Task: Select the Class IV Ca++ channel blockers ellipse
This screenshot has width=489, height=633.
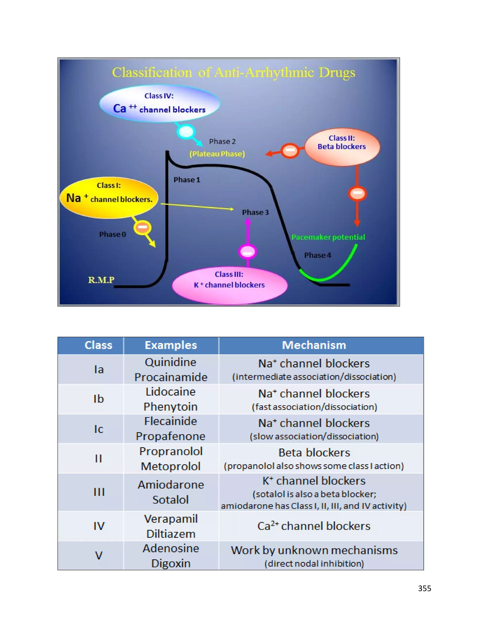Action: click(160, 103)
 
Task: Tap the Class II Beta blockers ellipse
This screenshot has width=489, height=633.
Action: click(342, 147)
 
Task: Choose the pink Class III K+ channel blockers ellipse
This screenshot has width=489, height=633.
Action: click(229, 285)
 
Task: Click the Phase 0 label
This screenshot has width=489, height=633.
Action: click(112, 234)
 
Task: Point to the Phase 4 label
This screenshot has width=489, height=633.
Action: click(318, 255)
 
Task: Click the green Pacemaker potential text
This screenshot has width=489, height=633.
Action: click(328, 237)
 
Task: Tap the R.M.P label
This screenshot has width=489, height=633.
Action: click(101, 280)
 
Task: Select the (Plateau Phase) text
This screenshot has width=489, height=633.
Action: click(217, 154)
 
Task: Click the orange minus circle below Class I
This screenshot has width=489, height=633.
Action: click(142, 227)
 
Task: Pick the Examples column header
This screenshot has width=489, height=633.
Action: click(171, 345)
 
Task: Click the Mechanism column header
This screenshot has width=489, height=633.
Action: click(314, 345)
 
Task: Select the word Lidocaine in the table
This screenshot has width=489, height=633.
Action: click(171, 392)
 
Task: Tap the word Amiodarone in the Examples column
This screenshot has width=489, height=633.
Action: click(171, 485)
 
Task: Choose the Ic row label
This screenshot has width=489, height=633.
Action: click(99, 429)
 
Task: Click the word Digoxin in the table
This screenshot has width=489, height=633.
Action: click(171, 563)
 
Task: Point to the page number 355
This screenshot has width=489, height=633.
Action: click(424, 588)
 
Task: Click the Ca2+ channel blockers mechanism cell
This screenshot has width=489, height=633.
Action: click(314, 526)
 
